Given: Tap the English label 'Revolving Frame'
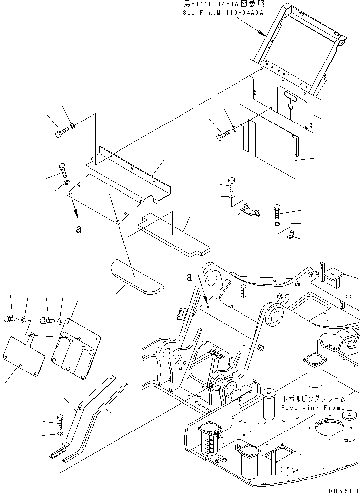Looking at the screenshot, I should [x=312, y=407].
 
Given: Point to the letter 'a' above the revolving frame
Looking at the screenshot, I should [x=190, y=278].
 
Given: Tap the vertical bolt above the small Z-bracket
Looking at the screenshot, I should [x=231, y=184].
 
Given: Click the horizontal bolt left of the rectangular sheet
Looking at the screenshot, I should [x=223, y=133].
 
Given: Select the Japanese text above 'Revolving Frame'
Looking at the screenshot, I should [x=313, y=399].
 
